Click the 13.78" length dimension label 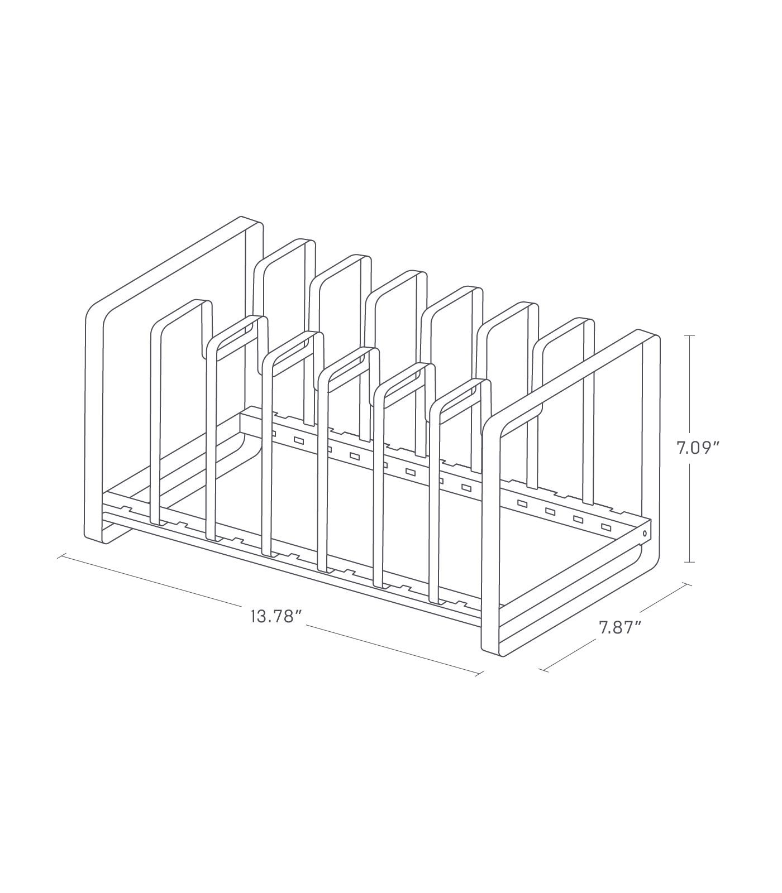pyautogui.click(x=276, y=618)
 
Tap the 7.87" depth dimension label pyautogui.click(x=619, y=627)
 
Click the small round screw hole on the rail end pyautogui.click(x=646, y=534)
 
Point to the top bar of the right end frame pyautogui.click(x=570, y=380)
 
